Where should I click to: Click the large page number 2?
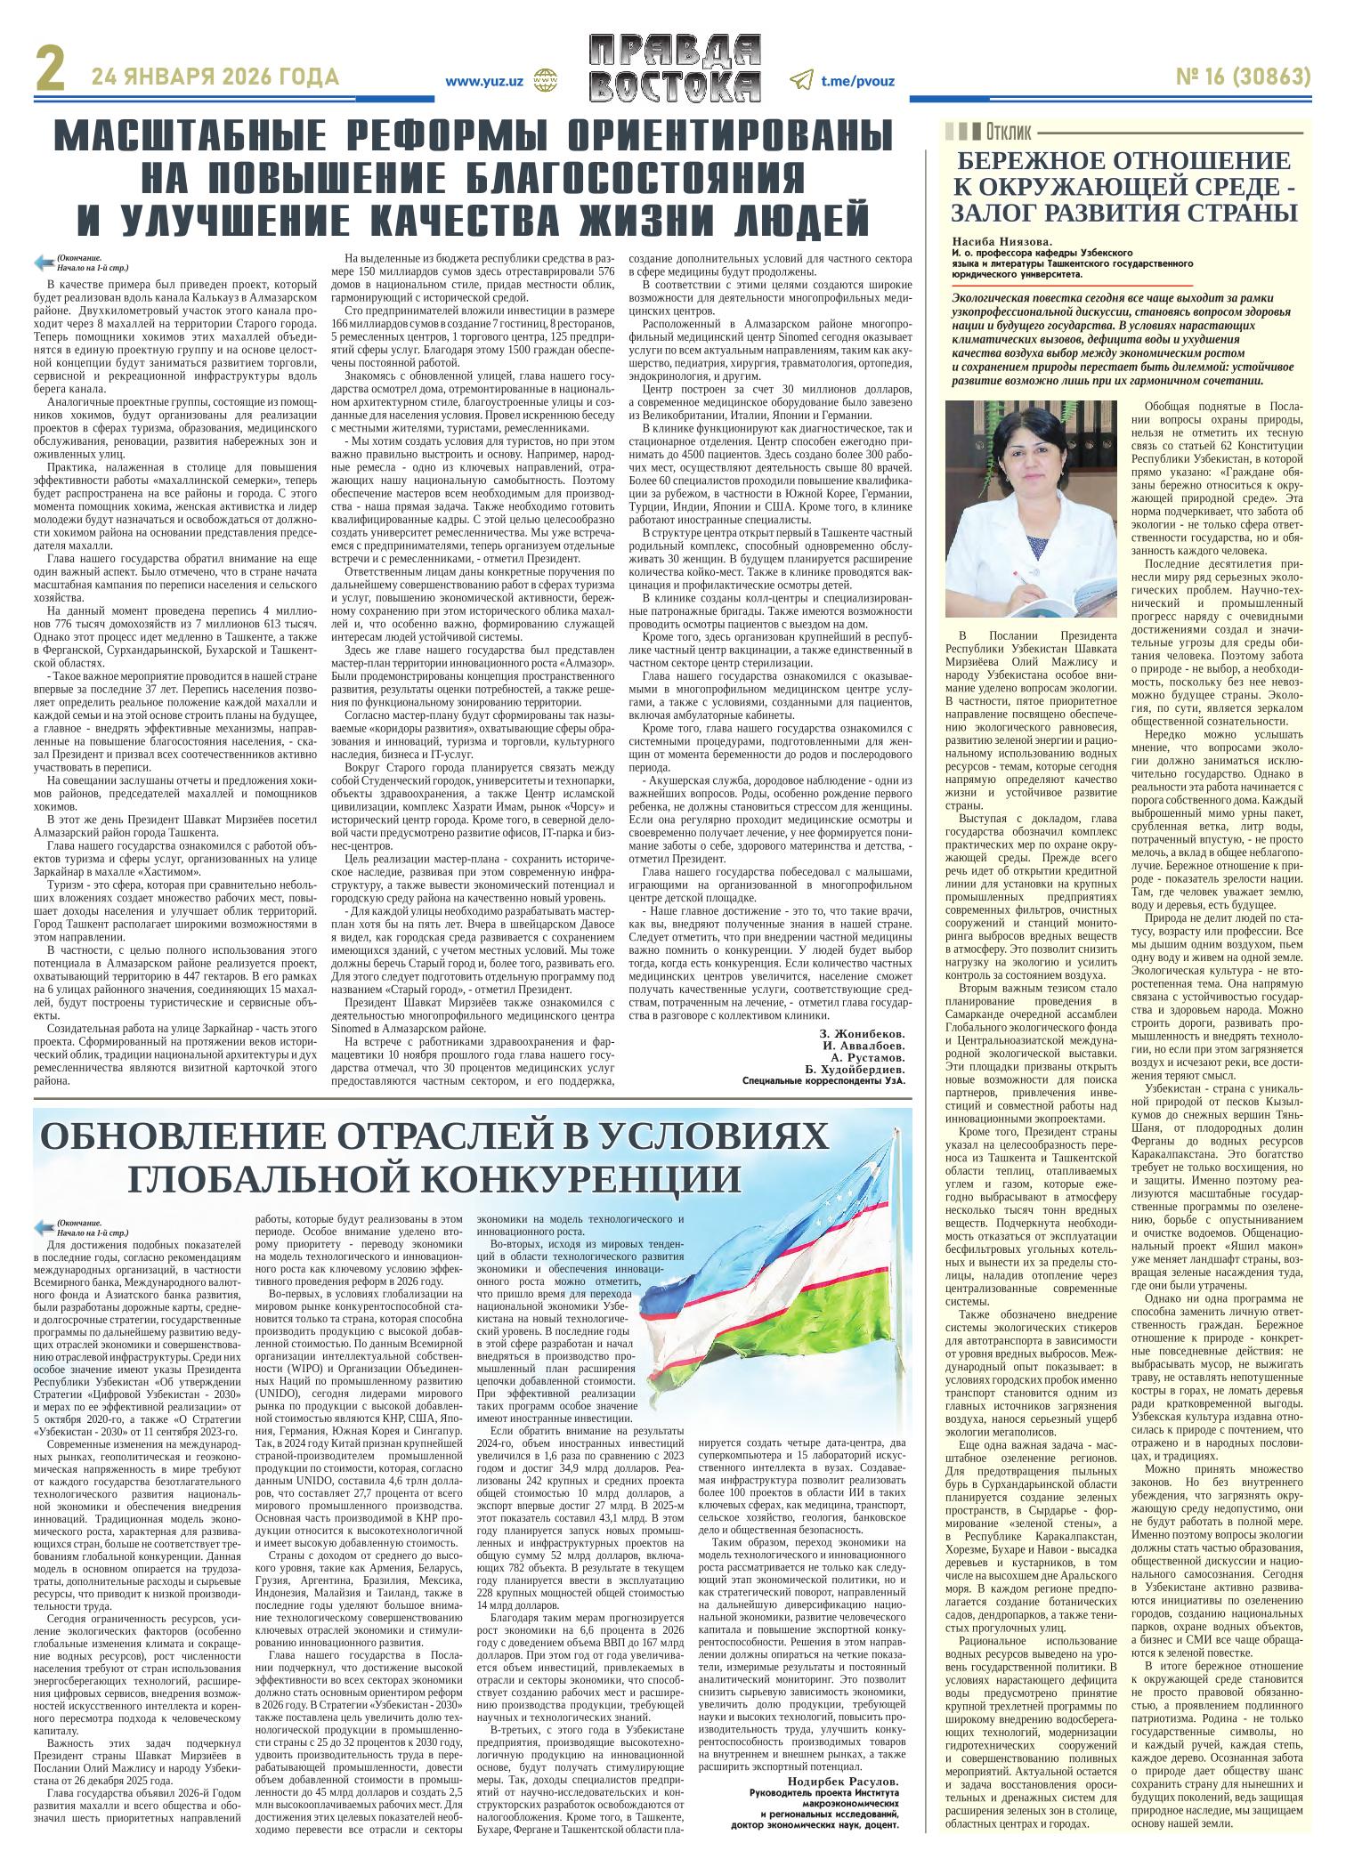click(52, 79)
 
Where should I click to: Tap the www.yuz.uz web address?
click(483, 79)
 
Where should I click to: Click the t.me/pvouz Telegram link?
click(857, 80)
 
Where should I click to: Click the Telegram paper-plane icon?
click(801, 80)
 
